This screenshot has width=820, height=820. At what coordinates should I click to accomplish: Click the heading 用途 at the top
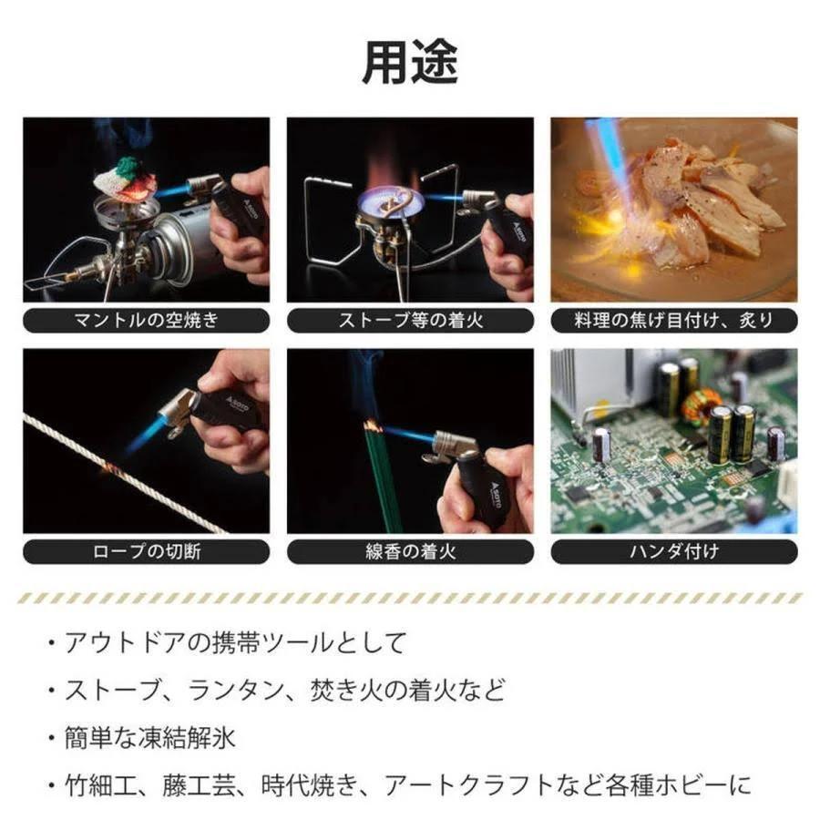(x=410, y=63)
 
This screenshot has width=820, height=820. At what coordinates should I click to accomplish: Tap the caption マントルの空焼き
(x=147, y=320)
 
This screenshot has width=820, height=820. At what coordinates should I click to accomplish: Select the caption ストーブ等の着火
(x=411, y=320)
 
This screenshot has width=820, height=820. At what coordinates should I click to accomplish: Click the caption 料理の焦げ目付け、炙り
(x=674, y=320)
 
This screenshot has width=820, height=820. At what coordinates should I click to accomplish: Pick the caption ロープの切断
(x=147, y=552)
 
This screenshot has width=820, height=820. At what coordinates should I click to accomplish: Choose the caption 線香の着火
(x=411, y=552)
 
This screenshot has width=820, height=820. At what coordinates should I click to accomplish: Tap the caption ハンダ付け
(x=674, y=552)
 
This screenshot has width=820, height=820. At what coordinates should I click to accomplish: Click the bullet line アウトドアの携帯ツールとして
(x=234, y=642)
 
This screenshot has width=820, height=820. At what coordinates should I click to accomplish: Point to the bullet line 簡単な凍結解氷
(x=149, y=738)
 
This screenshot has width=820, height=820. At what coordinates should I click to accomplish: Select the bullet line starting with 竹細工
(x=408, y=785)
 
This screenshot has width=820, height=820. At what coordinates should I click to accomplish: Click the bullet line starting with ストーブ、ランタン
(x=284, y=690)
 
